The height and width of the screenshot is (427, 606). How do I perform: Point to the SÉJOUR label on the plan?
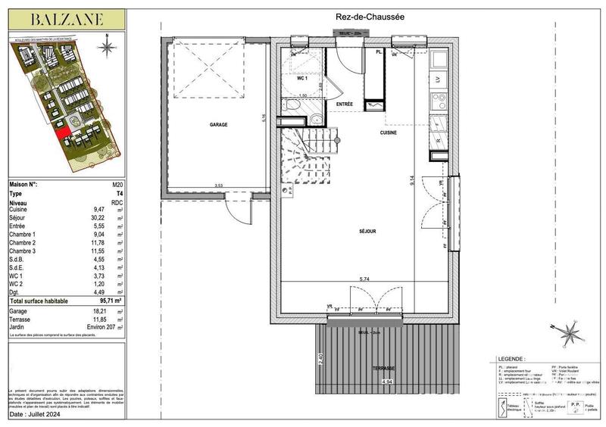click(x=369, y=232)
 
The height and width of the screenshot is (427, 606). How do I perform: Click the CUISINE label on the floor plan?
click(x=389, y=132)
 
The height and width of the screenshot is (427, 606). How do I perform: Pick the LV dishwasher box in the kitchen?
click(x=437, y=79)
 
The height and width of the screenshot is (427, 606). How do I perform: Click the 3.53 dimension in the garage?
click(x=219, y=185)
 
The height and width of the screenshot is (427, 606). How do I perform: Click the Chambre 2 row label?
click(x=23, y=242)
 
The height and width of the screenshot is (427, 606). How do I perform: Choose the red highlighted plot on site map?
click(x=64, y=135)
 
